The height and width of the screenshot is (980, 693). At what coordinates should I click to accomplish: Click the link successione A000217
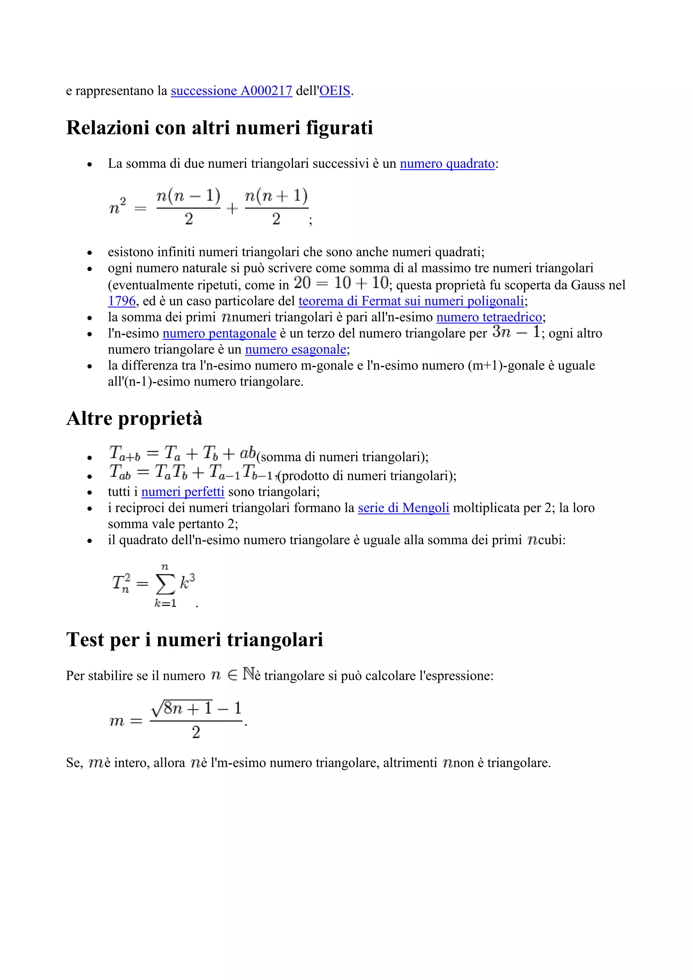(x=231, y=91)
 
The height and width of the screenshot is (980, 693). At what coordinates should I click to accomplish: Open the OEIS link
(x=335, y=91)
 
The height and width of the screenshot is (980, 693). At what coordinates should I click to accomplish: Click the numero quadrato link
(x=447, y=164)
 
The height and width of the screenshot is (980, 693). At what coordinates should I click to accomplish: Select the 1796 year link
(x=121, y=301)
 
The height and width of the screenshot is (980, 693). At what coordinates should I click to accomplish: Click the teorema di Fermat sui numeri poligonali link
(x=411, y=301)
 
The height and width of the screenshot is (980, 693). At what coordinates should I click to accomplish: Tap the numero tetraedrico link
(x=489, y=317)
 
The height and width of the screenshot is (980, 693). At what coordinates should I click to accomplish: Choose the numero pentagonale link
(x=219, y=333)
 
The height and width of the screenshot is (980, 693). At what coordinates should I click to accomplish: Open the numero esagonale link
(x=295, y=350)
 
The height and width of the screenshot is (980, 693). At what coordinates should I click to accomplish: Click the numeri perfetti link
(x=183, y=492)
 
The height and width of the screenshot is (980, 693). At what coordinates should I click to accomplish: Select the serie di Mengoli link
(x=403, y=508)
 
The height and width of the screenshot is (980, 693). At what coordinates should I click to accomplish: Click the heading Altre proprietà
(x=134, y=418)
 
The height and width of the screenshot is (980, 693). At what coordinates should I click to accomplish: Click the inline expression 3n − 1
(x=516, y=332)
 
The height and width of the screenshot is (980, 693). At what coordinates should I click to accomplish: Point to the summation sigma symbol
(x=165, y=584)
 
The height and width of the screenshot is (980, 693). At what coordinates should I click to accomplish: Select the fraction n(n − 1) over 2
(x=188, y=207)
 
